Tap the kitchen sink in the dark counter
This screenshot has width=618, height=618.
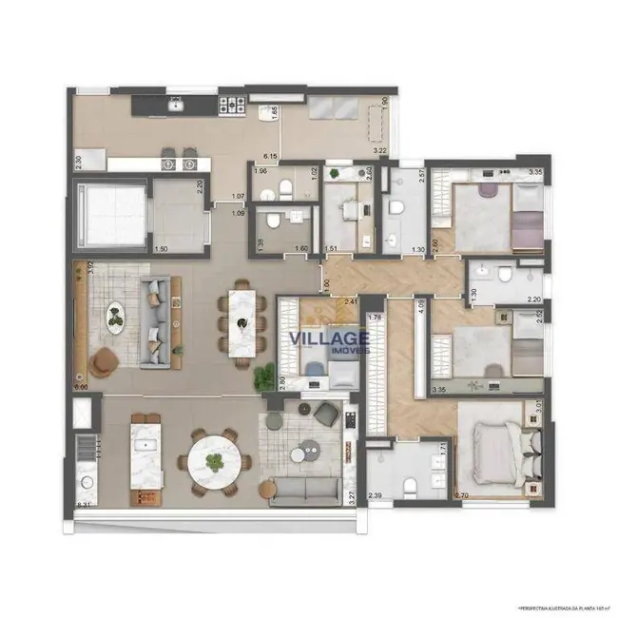coord(175,106)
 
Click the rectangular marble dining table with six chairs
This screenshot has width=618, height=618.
coord(241,322)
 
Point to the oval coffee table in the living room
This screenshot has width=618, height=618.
coord(115,317)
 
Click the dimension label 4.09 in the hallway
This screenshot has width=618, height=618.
coord(420,307)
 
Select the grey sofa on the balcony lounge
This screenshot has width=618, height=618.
coord(304,491)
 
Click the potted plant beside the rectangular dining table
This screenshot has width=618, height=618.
coord(262,376)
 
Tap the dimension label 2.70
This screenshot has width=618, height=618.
coord(463,496)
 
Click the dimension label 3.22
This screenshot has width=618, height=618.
coord(379,150)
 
